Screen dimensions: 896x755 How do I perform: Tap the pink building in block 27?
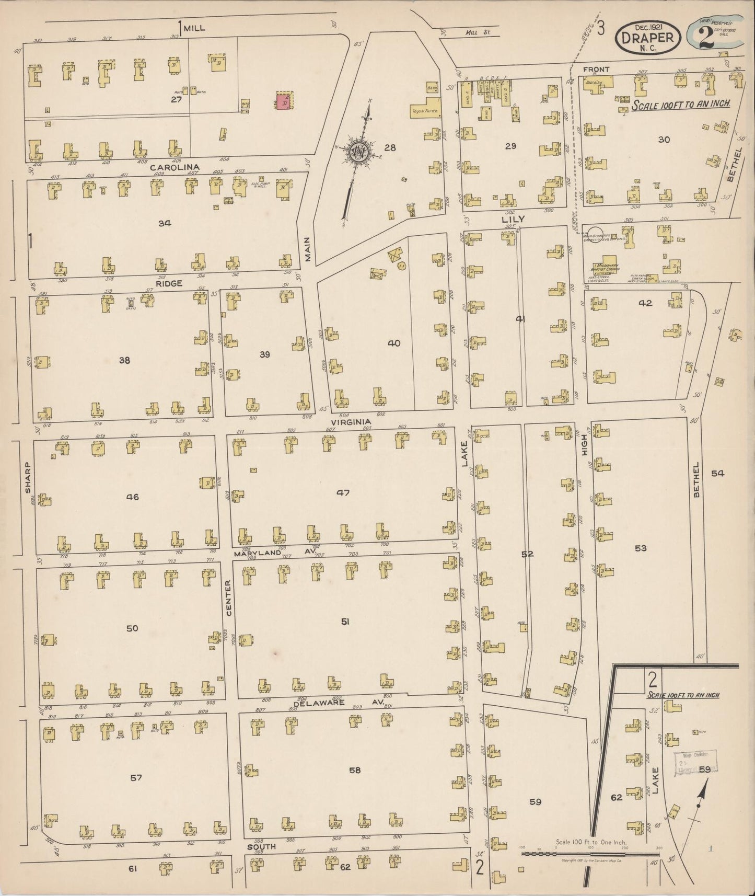click(284, 102)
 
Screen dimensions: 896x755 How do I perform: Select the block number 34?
click(165, 223)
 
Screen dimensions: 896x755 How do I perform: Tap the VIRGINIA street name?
click(351, 421)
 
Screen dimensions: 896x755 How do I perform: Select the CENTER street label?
click(228, 596)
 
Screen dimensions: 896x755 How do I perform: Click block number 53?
click(641, 548)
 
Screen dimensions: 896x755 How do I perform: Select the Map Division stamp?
click(695, 761)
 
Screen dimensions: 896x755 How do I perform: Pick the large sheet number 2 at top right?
click(706, 36)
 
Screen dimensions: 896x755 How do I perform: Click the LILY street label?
click(513, 220)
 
